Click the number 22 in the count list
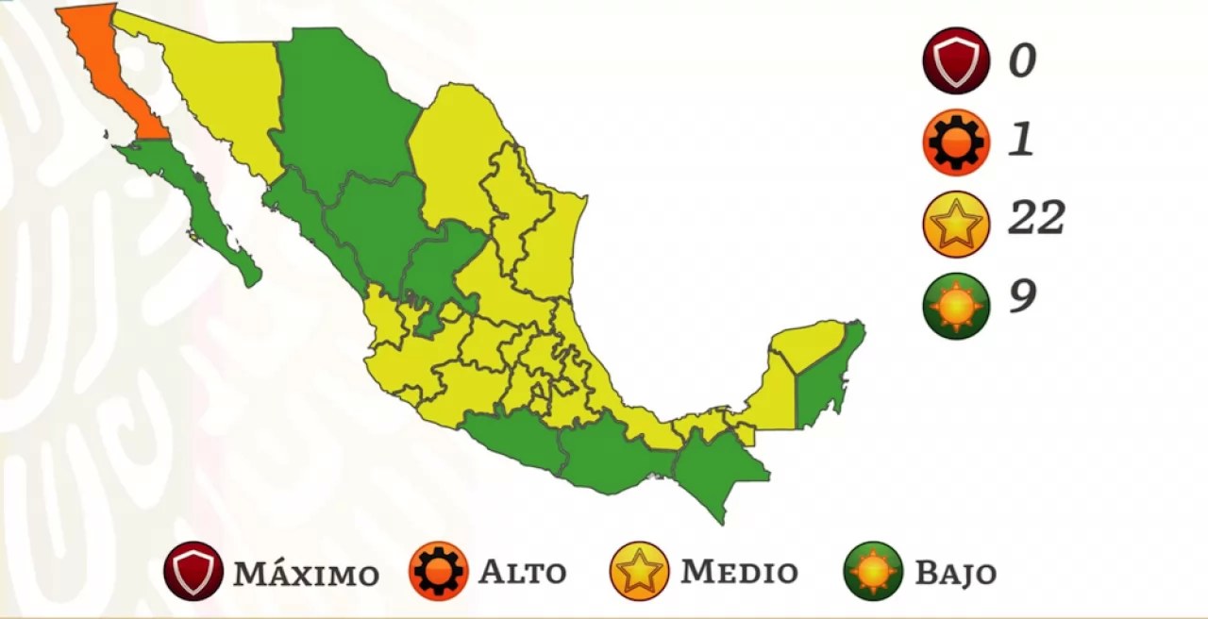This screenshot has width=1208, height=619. coord(1036,219)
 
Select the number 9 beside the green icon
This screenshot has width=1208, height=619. coord(1022,297)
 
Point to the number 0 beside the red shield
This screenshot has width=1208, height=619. coord(1022,61)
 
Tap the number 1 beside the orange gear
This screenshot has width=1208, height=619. coord(1021,141)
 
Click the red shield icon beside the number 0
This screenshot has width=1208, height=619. coord(956,61)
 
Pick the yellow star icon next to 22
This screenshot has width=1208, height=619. coord(956,224)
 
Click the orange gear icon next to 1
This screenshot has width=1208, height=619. coord(956,142)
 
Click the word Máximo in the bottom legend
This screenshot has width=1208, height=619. coord(306,573)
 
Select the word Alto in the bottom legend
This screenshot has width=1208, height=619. coord(522,572)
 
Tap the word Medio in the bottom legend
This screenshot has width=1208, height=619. coord(739,572)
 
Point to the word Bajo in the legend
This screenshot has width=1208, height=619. coord(955,573)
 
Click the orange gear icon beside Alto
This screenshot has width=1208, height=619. coord(439,572)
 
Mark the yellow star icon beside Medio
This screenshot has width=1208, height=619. coord(639,572)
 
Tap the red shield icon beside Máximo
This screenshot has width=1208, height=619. coord(193,572)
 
